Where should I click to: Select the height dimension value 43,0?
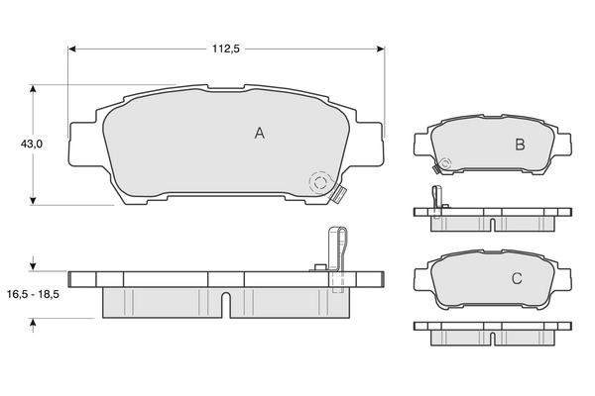pos(33,145)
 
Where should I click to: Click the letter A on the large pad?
pos(259,133)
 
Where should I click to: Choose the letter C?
pos(516,279)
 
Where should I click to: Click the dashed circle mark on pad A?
pos(318,183)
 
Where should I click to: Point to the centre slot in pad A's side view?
pos(226,302)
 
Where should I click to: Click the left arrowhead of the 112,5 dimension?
pos(72,48)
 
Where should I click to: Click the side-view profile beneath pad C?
pos(493,332)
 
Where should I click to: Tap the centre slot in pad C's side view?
pos(493,340)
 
